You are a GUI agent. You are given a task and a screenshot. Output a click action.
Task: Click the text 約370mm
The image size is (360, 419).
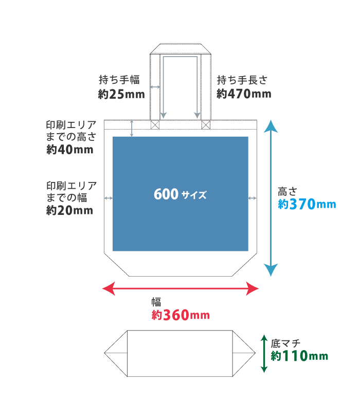(x=307, y=205)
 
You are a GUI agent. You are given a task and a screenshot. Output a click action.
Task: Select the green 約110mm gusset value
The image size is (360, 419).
(x=299, y=356)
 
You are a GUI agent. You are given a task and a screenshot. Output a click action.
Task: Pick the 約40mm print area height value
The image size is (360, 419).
(x=69, y=150)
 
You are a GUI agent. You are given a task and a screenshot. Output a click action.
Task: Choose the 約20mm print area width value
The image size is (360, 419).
(x=69, y=210)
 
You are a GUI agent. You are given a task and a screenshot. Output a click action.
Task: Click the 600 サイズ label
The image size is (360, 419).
(x=180, y=195)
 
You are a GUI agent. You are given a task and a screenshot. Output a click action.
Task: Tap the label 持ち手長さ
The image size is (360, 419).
(x=242, y=80)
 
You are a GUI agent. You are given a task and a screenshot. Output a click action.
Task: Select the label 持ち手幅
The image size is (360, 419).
(x=119, y=80)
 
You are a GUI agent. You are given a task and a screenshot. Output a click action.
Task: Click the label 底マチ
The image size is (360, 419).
(x=285, y=342)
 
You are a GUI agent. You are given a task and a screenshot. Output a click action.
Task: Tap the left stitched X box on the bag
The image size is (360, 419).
(x=155, y=124)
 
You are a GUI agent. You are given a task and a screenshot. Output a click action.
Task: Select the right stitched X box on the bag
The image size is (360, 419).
(x=206, y=124)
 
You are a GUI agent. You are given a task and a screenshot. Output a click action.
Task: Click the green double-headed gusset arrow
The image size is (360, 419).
(x=264, y=354)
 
